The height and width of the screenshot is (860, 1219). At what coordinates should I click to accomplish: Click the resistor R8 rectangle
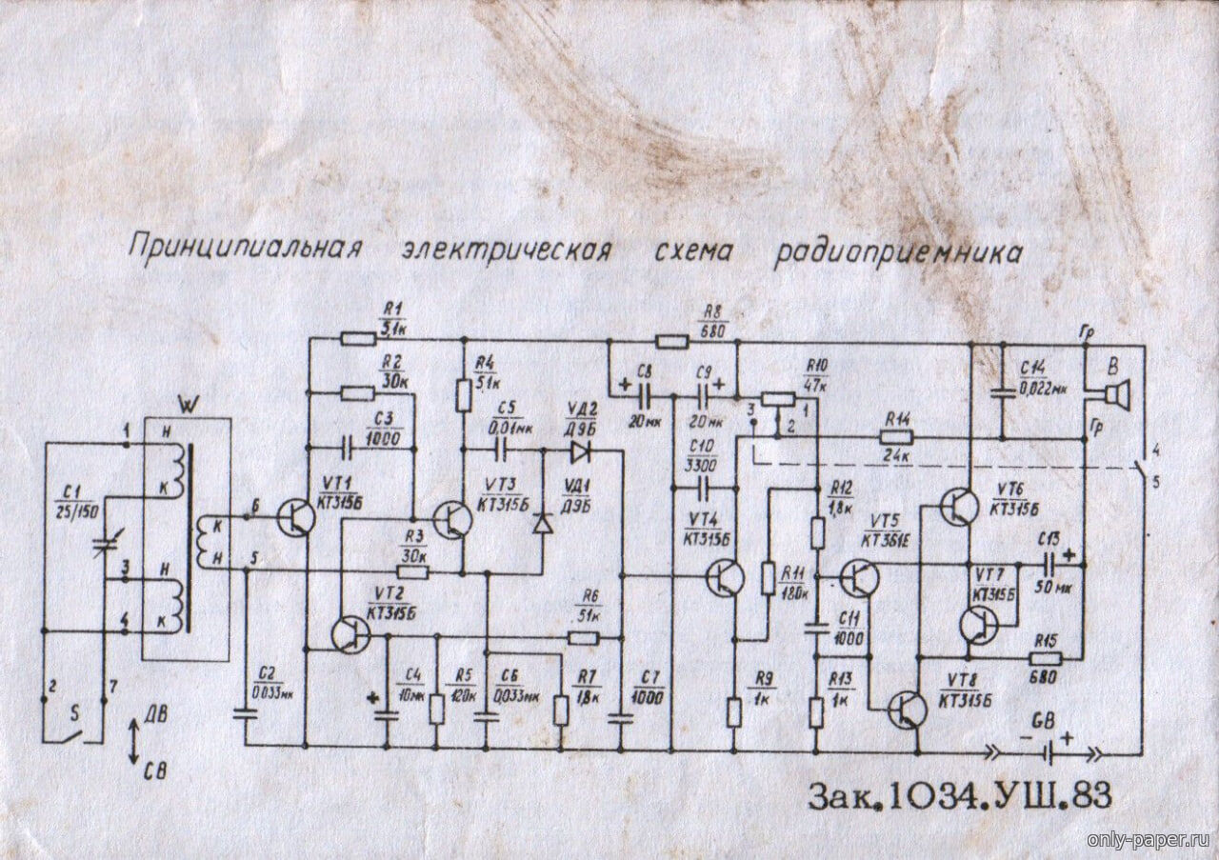671,340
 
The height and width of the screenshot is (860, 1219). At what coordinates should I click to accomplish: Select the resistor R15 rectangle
1045,656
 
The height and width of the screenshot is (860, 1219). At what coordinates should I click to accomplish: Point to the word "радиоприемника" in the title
899,252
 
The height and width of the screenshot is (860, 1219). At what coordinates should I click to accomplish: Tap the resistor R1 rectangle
359,337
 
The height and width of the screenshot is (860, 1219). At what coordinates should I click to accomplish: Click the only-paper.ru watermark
1148,839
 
